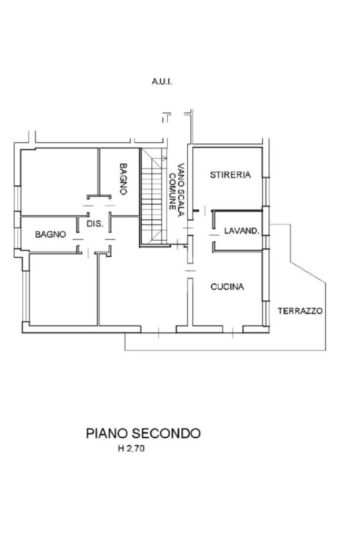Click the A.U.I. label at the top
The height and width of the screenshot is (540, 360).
click(162, 82)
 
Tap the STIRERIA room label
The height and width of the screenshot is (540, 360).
click(230, 175)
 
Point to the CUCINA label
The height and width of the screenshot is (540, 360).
click(227, 287)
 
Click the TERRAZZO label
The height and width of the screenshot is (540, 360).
click(300, 311)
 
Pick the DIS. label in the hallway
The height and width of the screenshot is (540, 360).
click(95, 224)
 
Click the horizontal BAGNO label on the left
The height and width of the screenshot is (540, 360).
click(51, 234)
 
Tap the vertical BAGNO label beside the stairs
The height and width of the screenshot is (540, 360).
click(123, 179)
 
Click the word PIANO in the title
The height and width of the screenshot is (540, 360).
click(107, 434)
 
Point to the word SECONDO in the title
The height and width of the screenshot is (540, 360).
click(167, 434)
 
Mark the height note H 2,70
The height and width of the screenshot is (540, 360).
click(130, 449)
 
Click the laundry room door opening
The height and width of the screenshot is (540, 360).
click(213, 232)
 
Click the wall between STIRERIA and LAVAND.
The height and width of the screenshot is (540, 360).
click(237, 211)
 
